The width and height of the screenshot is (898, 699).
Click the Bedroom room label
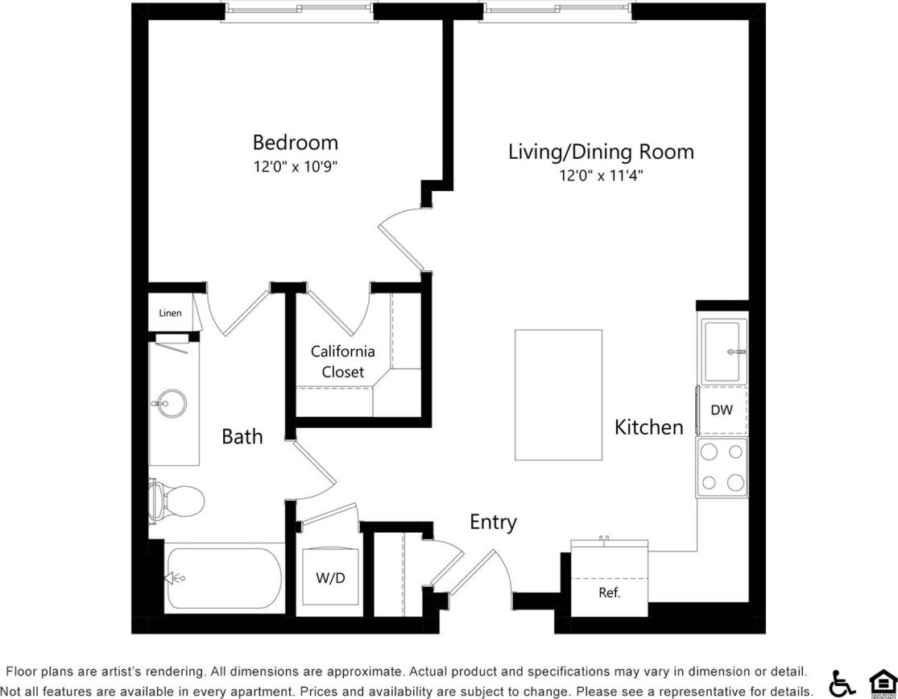pos(295,143)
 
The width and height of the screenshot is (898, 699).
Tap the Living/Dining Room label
pos(601,152)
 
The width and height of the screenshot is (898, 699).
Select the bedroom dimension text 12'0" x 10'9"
pos(295,167)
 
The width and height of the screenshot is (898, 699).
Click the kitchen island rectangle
pos(558,394)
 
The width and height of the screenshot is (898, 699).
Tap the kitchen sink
pos(722,352)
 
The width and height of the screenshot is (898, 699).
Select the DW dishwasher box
pos(722,410)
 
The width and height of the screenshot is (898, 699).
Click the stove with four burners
pos(722,468)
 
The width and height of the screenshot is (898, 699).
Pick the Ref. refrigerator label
pos(609,593)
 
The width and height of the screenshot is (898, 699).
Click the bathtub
pos(223,578)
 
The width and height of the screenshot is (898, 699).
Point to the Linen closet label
pos(170,313)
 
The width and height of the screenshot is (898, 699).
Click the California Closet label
pos(342,361)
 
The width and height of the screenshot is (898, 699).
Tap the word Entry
pos(493,522)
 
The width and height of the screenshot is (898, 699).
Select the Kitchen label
pos(648,426)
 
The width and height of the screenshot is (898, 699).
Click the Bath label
pos(242,436)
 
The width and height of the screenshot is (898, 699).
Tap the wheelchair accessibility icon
pos(842,683)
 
